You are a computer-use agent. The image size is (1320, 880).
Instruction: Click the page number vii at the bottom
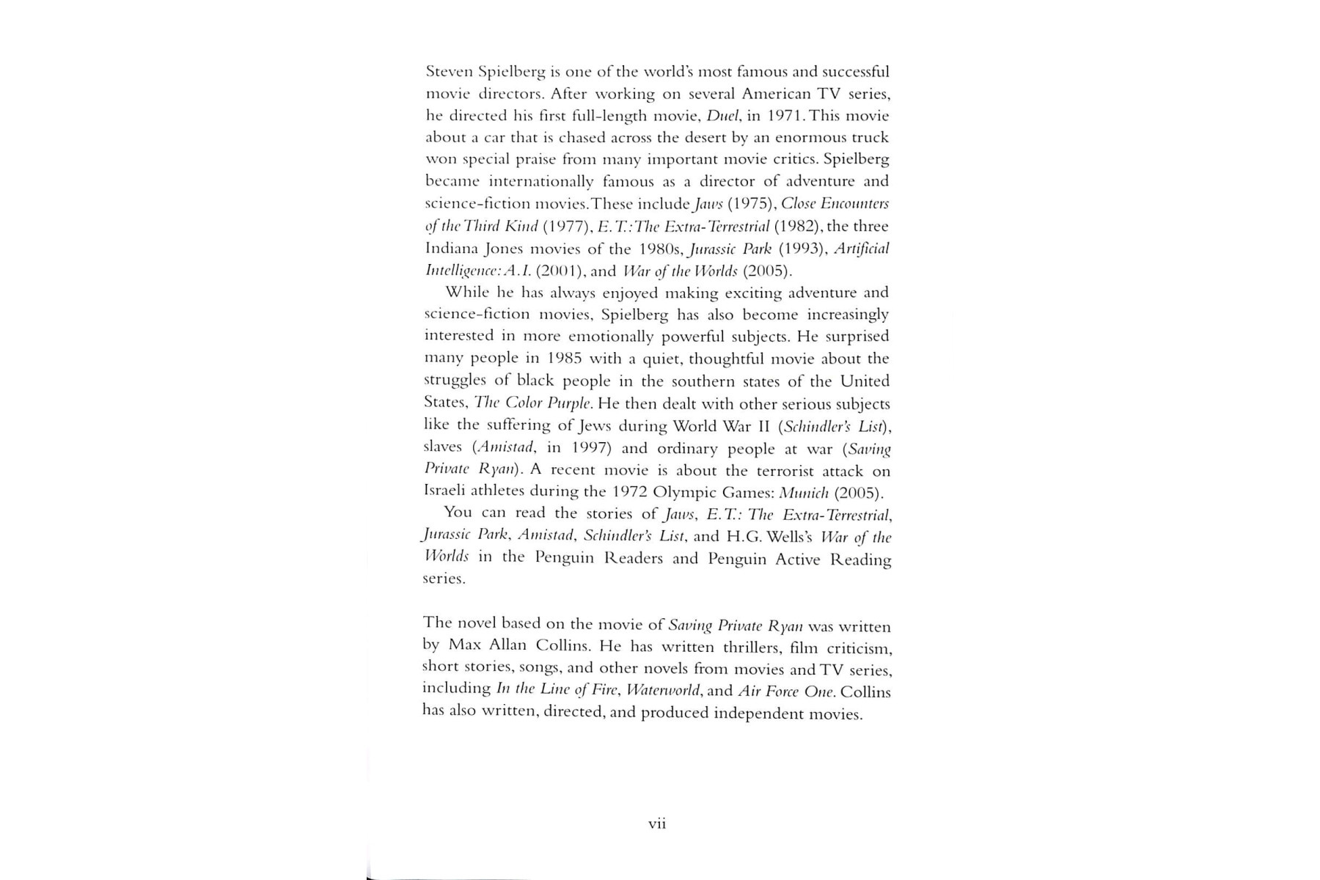[x=657, y=824]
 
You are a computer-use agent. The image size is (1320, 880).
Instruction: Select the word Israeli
[x=448, y=491]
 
